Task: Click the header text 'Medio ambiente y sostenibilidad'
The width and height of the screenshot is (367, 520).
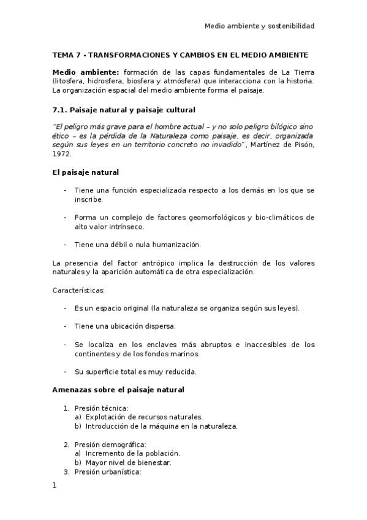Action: pyautogui.click(x=260, y=26)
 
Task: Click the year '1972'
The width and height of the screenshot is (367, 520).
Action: pyautogui.click(x=62, y=155)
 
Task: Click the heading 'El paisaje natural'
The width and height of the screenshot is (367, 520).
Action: pyautogui.click(x=86, y=173)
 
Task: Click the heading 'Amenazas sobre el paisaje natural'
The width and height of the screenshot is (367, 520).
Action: pyautogui.click(x=118, y=389)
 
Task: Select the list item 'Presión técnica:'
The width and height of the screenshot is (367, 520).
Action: pyautogui.click(x=101, y=408)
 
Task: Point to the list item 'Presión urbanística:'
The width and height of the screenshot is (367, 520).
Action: pyautogui.click(x=108, y=472)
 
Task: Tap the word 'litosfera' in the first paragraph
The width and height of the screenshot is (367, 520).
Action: pyautogui.click(x=70, y=81)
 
